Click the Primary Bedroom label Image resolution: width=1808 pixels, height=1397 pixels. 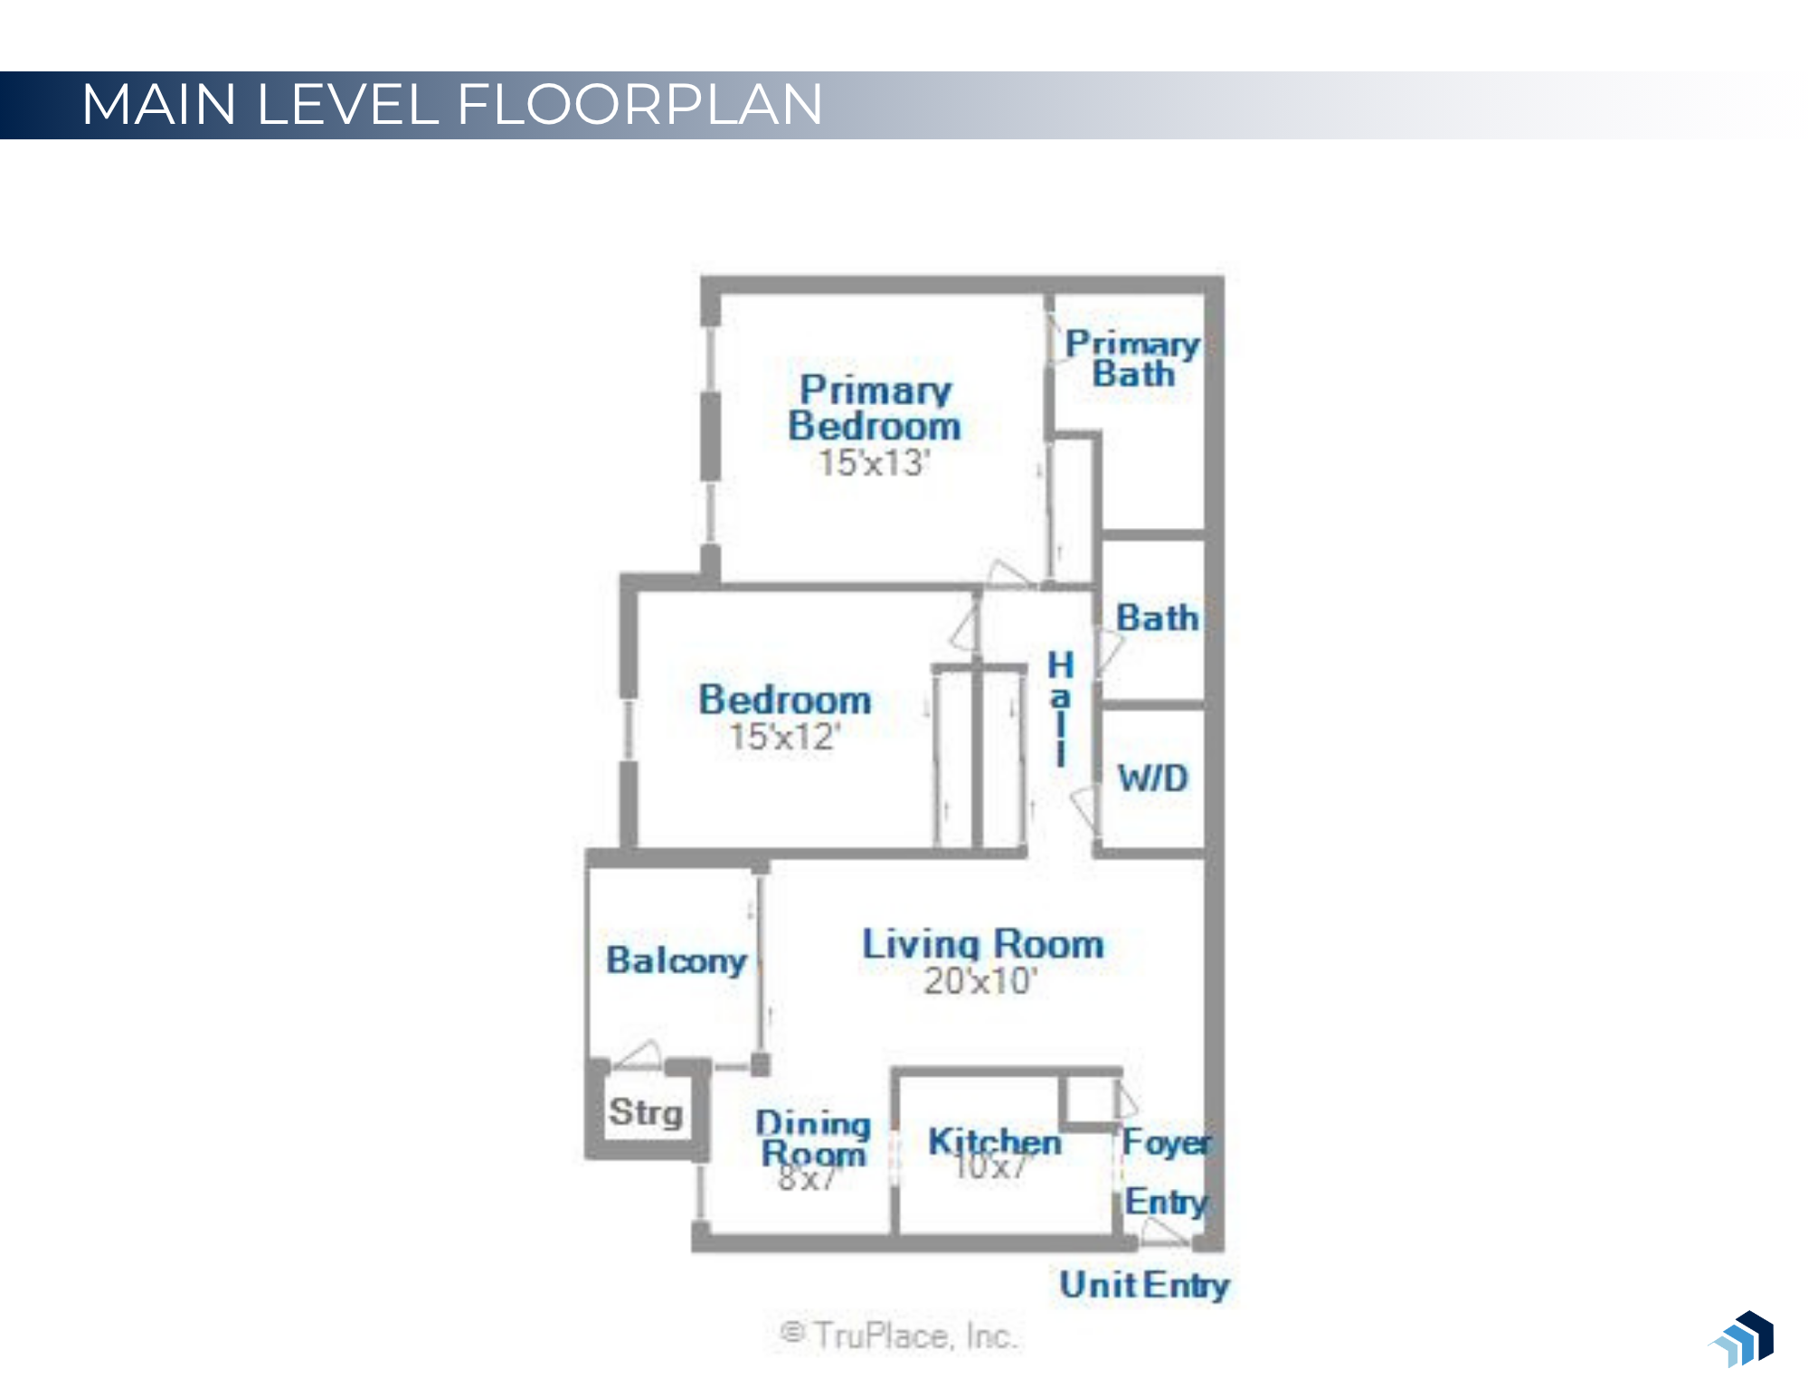tap(874, 408)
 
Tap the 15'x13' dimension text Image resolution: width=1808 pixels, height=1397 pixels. tap(873, 463)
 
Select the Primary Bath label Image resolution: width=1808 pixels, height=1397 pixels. tap(1132, 358)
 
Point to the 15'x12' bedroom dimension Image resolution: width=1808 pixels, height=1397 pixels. tap(784, 737)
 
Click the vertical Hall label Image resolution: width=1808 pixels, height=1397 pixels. tap(1060, 708)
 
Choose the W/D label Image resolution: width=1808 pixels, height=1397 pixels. tap(1152, 778)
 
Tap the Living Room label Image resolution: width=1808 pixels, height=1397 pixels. tap(982, 944)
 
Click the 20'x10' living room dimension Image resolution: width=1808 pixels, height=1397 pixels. tap(980, 981)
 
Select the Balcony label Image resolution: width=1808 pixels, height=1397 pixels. tap(676, 960)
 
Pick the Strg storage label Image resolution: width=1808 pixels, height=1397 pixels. tap(645, 1112)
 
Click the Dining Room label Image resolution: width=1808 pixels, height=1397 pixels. tap(813, 1138)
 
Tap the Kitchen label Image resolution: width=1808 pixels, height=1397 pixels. tap(994, 1142)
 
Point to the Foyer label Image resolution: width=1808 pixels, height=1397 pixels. tap(1166, 1142)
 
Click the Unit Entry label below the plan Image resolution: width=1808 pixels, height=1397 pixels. tap(1144, 1285)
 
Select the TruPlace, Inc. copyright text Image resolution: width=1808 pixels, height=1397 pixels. tap(899, 1336)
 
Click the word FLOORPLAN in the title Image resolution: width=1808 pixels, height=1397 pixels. tap(639, 104)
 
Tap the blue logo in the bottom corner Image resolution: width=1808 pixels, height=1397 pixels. tap(1744, 1339)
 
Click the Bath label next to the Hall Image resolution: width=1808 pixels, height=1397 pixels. tap(1157, 618)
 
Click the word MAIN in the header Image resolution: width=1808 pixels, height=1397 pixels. tap(159, 104)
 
